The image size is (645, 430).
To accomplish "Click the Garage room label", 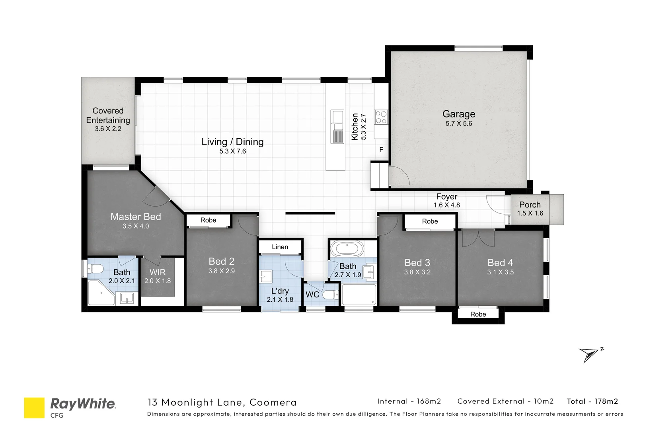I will coord(459,114).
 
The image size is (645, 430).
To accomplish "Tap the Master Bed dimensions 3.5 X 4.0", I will coord(136,226).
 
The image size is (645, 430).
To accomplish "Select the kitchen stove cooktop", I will coord(381,117).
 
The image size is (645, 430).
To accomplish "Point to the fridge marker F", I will coord(381,150).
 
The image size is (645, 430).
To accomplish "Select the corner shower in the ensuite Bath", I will coord(100,293).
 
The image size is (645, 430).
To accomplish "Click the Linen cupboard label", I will coord(280,247).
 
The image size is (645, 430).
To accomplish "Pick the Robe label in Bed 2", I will coord(208,220).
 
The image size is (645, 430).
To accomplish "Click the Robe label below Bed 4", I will coord(478,314).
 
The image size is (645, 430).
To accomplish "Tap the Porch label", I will coord(530,205).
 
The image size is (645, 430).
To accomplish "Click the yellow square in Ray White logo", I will coord(34,408).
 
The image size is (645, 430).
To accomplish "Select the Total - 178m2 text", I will coord(592,401).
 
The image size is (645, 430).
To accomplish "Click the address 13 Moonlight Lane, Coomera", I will coord(222,402).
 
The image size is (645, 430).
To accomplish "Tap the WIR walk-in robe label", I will coord(158,273).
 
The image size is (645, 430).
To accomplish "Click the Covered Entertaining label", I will coord(108,115).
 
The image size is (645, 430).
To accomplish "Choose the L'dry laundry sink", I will coord(265,276).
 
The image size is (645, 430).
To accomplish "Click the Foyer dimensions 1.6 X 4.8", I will coord(446,205).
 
